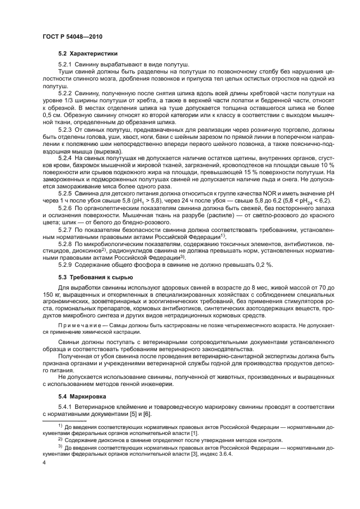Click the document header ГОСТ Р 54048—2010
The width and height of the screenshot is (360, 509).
point(72,36)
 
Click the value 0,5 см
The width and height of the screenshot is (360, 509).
point(51,114)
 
